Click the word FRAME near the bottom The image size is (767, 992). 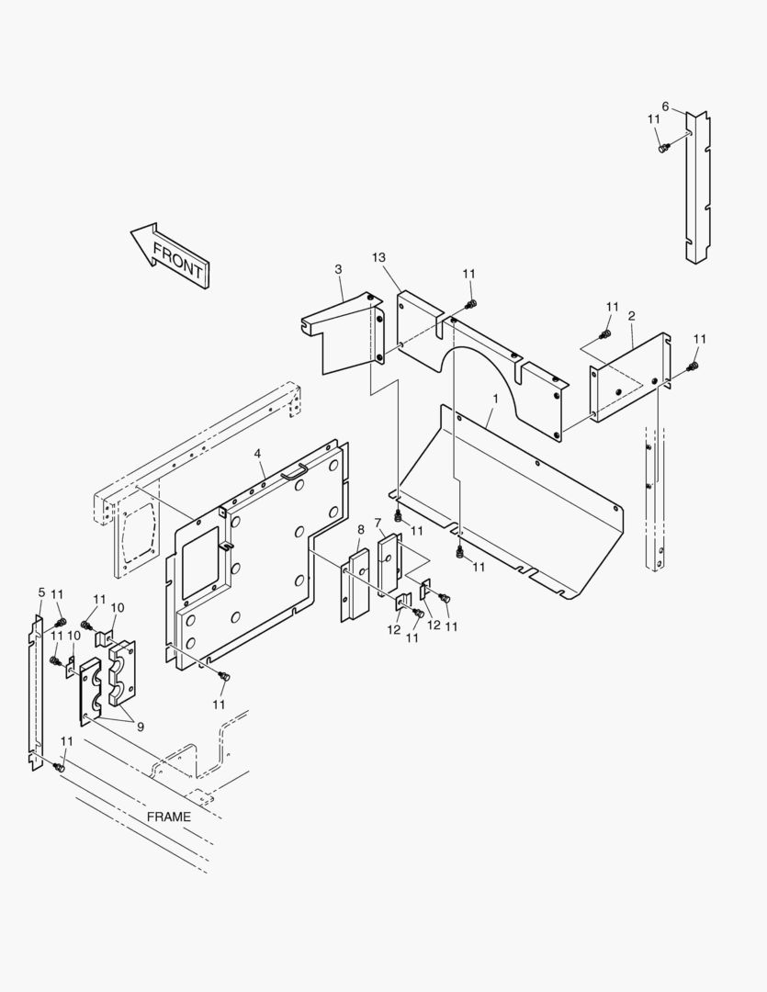pos(169,817)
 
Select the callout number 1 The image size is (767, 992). pos(494,400)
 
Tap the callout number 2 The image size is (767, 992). pos(632,316)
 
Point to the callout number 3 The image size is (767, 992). pos(338,269)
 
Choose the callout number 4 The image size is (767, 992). pos(258,454)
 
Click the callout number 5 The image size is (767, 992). pos(41,592)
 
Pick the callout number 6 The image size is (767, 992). pos(666,107)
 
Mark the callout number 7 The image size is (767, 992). pos(378,523)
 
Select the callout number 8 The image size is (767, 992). pos(361,529)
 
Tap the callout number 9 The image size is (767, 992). pos(141,727)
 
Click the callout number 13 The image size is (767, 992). pos(378,257)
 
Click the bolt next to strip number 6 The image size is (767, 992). pos(663,146)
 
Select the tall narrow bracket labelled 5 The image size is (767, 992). pos(37,693)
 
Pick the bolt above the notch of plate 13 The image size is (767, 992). pos(471,304)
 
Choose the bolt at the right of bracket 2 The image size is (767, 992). pos(694,367)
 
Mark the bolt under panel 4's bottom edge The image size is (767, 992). pos(223,677)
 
